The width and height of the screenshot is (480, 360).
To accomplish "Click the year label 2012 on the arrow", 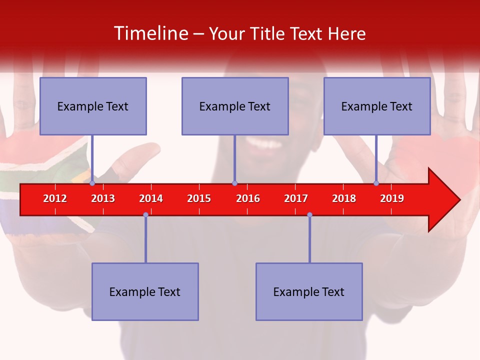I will click(x=55, y=198).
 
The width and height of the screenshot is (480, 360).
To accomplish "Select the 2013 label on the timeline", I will click(x=103, y=198).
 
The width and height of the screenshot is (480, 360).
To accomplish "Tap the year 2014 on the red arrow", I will click(x=151, y=198).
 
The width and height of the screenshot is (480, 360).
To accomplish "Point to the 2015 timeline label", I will click(x=199, y=198).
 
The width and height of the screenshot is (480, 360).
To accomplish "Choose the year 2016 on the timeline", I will click(x=248, y=198).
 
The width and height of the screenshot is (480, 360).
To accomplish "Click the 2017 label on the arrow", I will click(x=296, y=198).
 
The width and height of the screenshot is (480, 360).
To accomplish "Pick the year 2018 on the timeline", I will click(x=344, y=198).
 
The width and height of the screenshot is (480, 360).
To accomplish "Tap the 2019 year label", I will click(x=392, y=198).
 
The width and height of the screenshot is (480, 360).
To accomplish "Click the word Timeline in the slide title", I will click(x=151, y=33).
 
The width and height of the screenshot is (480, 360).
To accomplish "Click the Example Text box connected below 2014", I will click(x=145, y=291).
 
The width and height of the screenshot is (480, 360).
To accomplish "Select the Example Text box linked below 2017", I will click(x=309, y=291).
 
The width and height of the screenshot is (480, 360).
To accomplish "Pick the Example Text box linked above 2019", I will click(x=377, y=106).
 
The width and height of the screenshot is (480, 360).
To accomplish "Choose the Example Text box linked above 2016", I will click(x=235, y=106).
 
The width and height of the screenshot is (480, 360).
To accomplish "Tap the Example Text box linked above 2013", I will click(x=93, y=106).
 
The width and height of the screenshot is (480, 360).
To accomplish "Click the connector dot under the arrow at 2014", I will click(x=145, y=215).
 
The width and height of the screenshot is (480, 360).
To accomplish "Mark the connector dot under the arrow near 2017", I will click(x=309, y=215).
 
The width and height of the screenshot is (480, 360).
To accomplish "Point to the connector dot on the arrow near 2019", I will click(x=376, y=183).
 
